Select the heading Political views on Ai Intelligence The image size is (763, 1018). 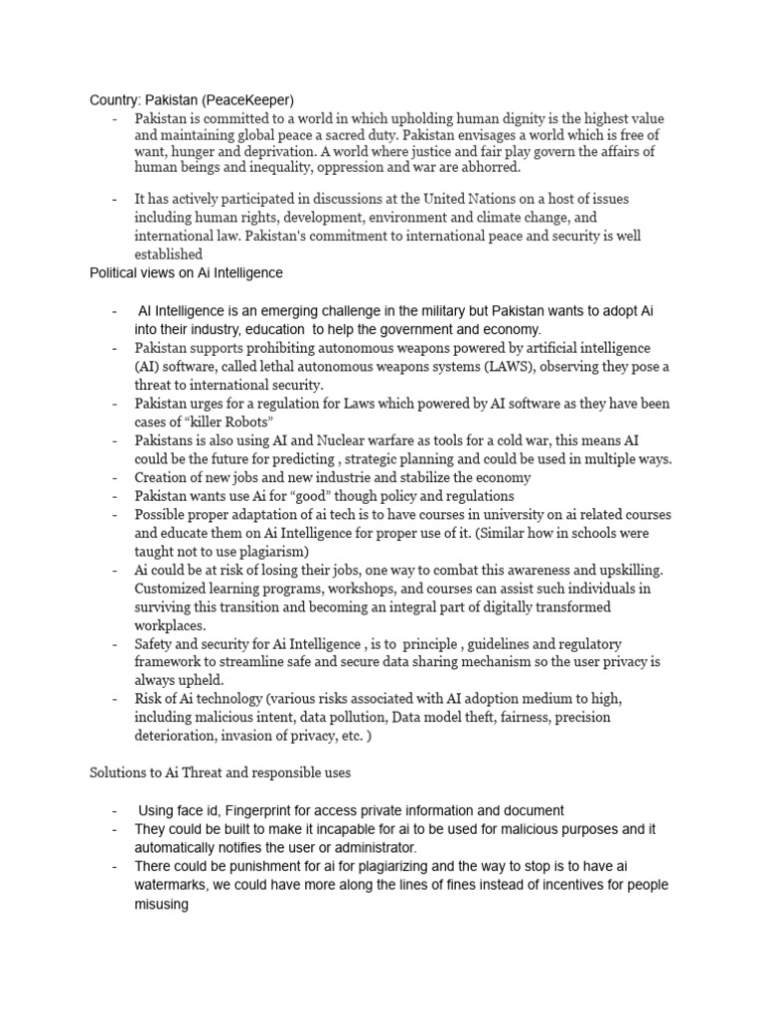187,272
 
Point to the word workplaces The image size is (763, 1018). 170,624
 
